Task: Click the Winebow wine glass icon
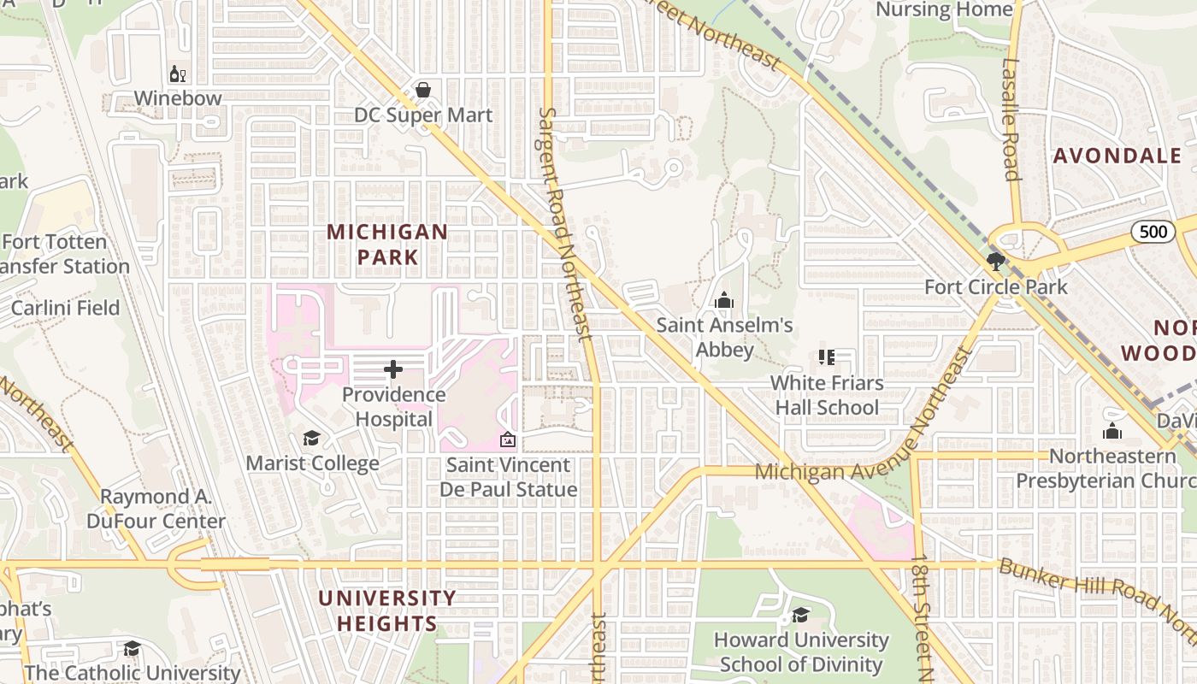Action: click(178, 74)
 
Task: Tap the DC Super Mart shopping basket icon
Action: click(422, 90)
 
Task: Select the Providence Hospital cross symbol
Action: click(393, 369)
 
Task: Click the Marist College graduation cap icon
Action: click(311, 439)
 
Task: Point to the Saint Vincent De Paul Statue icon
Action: click(508, 440)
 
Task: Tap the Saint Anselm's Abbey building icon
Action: click(724, 300)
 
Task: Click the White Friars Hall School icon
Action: click(826, 357)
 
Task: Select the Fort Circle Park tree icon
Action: click(995, 261)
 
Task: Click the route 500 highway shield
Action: click(1153, 231)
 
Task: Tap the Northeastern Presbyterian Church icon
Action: click(1111, 432)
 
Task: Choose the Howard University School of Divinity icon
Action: click(801, 615)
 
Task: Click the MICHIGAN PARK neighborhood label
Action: click(387, 244)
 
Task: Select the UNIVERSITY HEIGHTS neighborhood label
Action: click(387, 610)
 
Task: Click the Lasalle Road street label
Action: click(1011, 120)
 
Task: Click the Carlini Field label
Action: click(65, 307)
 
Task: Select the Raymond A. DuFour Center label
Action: click(156, 509)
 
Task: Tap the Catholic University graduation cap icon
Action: click(132, 649)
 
